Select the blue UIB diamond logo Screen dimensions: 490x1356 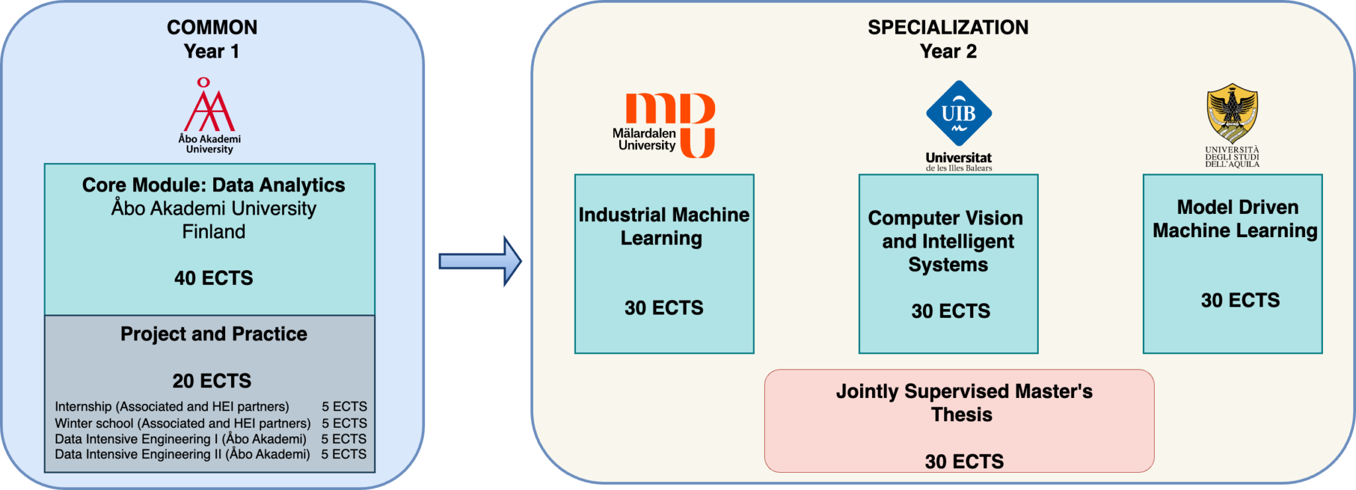(x=959, y=113)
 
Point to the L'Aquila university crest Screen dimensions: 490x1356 (x=1232, y=113)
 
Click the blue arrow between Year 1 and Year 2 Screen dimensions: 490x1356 (x=480, y=262)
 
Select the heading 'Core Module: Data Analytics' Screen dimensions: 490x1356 (x=213, y=185)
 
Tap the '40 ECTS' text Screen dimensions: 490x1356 (x=213, y=278)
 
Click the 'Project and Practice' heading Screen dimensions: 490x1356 (x=213, y=334)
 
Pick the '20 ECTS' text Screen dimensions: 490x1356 (x=212, y=381)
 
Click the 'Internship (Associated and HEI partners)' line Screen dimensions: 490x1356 (x=172, y=407)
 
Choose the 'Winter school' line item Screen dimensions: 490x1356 (x=183, y=423)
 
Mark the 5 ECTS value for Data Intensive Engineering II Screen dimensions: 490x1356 (x=344, y=454)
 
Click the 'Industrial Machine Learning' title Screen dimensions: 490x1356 (x=663, y=226)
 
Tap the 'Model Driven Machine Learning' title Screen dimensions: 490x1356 (x=1235, y=219)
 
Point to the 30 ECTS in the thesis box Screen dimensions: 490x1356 (x=964, y=462)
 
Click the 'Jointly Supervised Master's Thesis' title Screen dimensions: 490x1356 (x=963, y=403)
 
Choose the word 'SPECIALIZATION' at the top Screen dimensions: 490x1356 (x=948, y=27)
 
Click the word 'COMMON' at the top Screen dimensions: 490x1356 (x=212, y=27)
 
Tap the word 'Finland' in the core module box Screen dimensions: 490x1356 (x=213, y=232)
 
